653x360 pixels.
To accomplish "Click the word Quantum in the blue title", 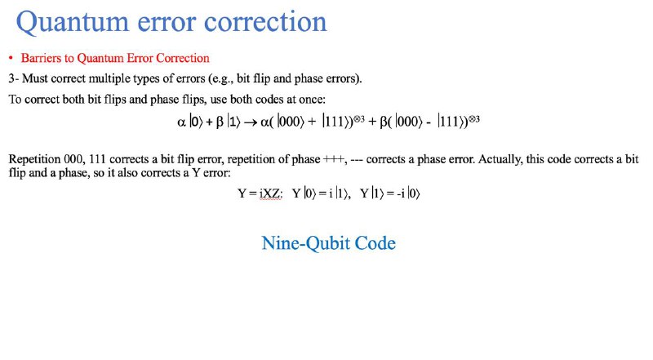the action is click(72, 22).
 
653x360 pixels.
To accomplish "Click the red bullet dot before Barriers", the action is click(11, 58).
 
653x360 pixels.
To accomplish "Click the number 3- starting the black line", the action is click(13, 78).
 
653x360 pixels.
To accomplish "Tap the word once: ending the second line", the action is click(313, 100).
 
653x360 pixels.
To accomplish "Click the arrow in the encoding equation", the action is click(250, 122).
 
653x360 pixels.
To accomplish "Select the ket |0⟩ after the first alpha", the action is click(196, 122).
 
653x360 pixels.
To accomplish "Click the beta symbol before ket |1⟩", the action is click(220, 122).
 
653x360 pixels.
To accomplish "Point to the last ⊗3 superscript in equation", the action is click(474, 119).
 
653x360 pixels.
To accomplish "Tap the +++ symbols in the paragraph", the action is click(335, 159).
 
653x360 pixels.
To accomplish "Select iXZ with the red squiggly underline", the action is click(270, 193).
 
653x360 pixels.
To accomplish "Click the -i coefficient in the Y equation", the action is click(401, 193).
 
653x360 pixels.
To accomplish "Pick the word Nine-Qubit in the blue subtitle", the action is click(306, 243).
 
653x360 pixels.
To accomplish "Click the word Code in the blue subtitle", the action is click(375, 243).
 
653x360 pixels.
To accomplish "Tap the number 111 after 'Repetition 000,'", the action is click(97, 159).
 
